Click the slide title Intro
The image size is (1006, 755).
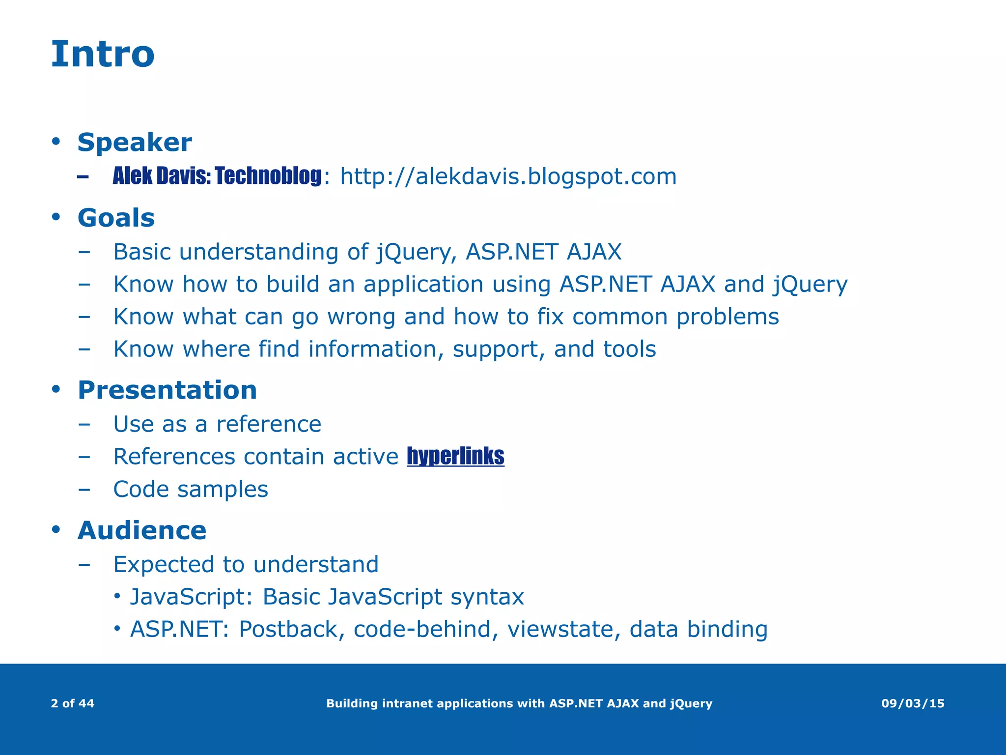pos(103,54)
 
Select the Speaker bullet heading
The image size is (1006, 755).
pos(134,143)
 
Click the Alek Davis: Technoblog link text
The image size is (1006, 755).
pos(217,176)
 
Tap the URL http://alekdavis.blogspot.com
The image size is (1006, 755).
pos(508,176)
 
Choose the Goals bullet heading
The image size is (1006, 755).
pos(116,218)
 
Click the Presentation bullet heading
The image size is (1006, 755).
pos(167,390)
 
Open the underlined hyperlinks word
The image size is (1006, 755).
pos(455,457)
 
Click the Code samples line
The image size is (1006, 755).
pos(191,490)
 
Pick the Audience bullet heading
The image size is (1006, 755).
pos(141,531)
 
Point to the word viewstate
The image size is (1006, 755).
pos(560,630)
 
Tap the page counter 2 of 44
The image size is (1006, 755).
pos(72,703)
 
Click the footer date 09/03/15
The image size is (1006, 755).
pos(912,703)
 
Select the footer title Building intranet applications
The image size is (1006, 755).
pos(519,703)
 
